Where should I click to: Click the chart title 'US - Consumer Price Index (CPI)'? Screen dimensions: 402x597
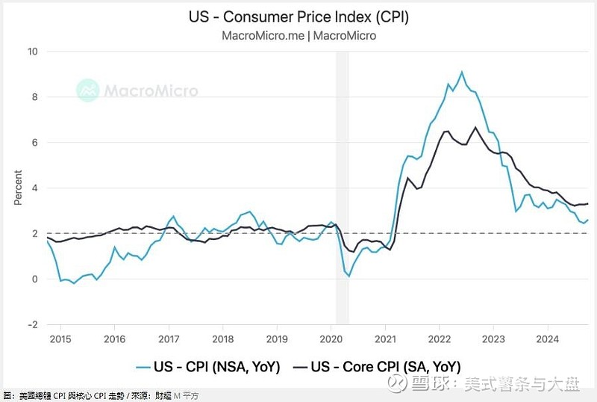click(x=298, y=16)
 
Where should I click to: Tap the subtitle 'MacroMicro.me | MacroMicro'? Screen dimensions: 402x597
click(x=298, y=35)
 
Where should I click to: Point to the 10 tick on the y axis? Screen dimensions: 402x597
click(x=32, y=52)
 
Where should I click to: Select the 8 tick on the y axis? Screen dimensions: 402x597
click(x=34, y=97)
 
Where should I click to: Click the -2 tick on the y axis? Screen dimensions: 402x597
click(x=32, y=324)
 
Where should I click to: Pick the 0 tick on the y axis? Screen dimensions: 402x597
click(x=34, y=279)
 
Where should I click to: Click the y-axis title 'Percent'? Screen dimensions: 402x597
click(x=19, y=188)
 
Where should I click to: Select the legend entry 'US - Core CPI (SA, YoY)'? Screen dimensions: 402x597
click(x=377, y=366)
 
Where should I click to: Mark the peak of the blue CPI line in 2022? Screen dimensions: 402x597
click(x=462, y=72)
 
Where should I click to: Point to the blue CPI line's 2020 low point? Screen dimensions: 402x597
click(x=348, y=276)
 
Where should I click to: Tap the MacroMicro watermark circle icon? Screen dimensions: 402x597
click(x=88, y=90)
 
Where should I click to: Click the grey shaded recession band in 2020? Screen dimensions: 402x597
click(x=342, y=187)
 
